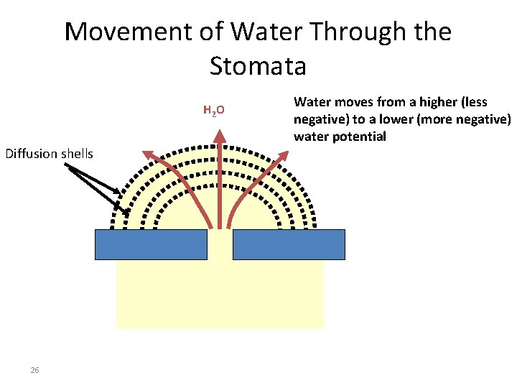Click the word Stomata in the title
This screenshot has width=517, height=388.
point(258,66)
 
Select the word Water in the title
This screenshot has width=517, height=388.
point(265,32)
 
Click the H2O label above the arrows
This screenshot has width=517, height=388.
point(214,111)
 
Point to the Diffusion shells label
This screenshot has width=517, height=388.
point(49,153)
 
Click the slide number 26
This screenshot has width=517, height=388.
point(34,370)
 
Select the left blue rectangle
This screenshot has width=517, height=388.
point(152,244)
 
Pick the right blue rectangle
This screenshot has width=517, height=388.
point(289,244)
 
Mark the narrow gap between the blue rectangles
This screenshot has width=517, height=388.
point(220,244)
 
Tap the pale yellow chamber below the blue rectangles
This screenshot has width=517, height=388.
point(220,295)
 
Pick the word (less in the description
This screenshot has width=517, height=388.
point(475,102)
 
